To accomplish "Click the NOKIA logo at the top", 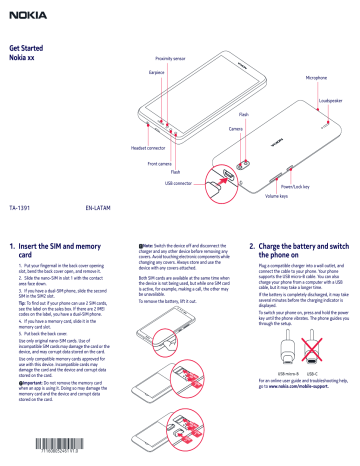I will [x=22, y=11].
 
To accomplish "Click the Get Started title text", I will [x=27, y=48].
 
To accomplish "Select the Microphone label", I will [x=320, y=77].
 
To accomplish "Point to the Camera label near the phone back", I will [x=236, y=130].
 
